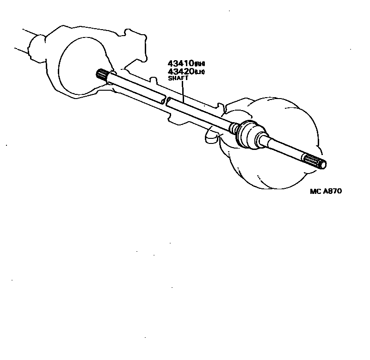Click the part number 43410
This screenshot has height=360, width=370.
point(180,63)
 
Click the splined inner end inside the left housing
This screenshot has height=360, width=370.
point(102,74)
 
